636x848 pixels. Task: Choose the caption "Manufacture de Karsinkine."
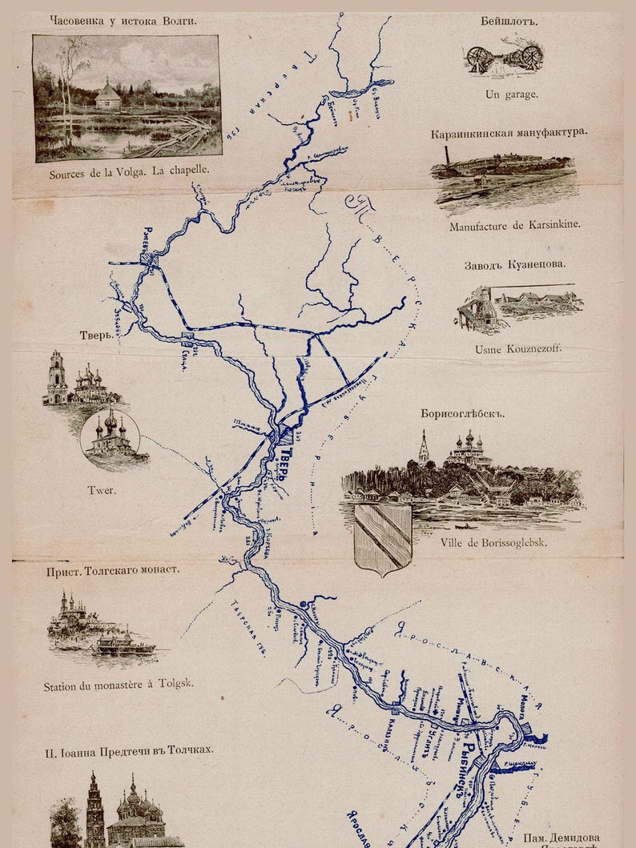(513, 226)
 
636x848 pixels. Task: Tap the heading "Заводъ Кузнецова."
(514, 264)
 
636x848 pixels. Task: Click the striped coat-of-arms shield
(382, 537)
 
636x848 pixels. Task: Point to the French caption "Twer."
(102, 490)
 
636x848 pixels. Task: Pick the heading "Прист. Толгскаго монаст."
(111, 571)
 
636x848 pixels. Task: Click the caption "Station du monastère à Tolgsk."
(119, 685)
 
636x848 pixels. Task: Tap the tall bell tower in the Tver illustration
(57, 378)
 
